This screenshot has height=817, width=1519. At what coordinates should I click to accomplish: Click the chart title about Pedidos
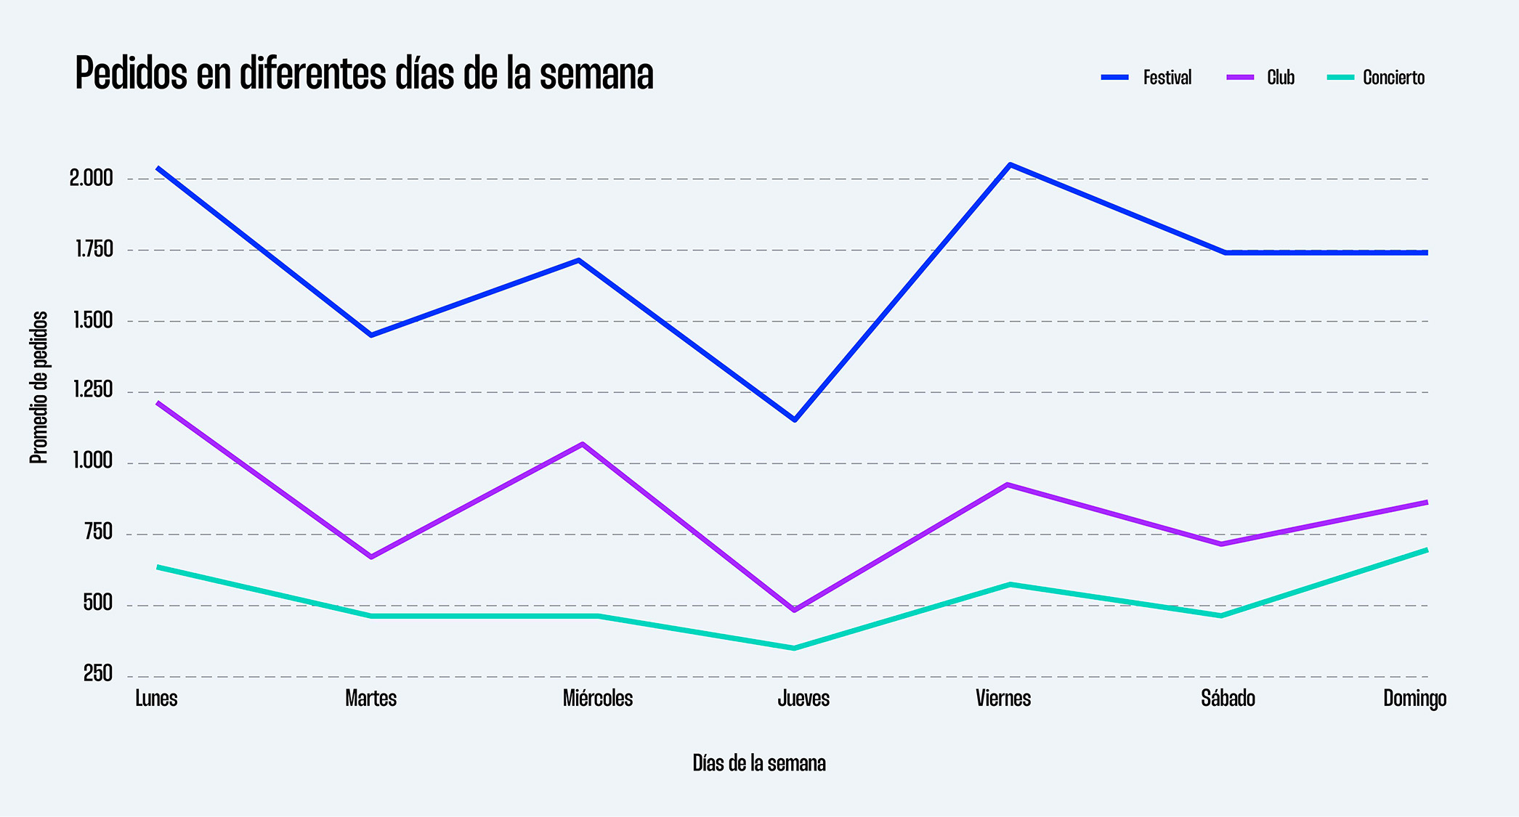tap(364, 73)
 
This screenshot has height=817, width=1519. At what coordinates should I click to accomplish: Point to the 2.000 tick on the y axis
tap(92, 179)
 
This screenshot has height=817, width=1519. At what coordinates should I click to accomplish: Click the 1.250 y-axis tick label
tap(93, 391)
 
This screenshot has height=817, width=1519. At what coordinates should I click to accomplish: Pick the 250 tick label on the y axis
tap(98, 675)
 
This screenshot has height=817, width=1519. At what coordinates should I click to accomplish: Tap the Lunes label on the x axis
tap(156, 699)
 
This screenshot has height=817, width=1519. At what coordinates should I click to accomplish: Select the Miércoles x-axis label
tap(598, 699)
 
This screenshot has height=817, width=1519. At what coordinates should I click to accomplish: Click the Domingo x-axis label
tap(1414, 699)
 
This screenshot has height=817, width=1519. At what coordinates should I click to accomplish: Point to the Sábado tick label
tap(1228, 699)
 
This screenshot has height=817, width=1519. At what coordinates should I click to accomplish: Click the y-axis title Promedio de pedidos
tap(39, 388)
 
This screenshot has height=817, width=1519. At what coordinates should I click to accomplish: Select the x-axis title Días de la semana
tap(759, 763)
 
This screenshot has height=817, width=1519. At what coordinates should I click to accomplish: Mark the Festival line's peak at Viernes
tap(1010, 165)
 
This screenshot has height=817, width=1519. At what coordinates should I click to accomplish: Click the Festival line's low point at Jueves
tap(795, 420)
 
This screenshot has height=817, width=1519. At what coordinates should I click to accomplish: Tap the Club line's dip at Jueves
tap(794, 610)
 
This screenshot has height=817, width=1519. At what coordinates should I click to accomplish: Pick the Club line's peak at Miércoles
tap(583, 444)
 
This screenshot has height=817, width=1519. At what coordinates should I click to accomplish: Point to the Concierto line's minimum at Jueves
tap(794, 648)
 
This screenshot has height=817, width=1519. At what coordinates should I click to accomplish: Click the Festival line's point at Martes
tap(371, 336)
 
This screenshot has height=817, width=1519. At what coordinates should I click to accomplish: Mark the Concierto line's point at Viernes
tap(1010, 584)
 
